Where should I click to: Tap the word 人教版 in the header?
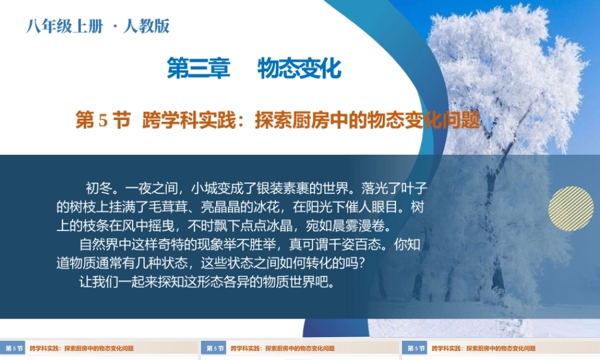point(146,26)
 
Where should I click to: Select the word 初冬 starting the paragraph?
point(100,189)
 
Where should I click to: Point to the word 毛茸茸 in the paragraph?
point(170,208)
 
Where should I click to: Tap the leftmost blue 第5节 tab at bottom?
point(14,349)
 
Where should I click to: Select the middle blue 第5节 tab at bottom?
point(214,349)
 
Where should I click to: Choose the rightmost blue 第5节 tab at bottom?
point(415,349)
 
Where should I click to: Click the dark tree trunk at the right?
point(497,273)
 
